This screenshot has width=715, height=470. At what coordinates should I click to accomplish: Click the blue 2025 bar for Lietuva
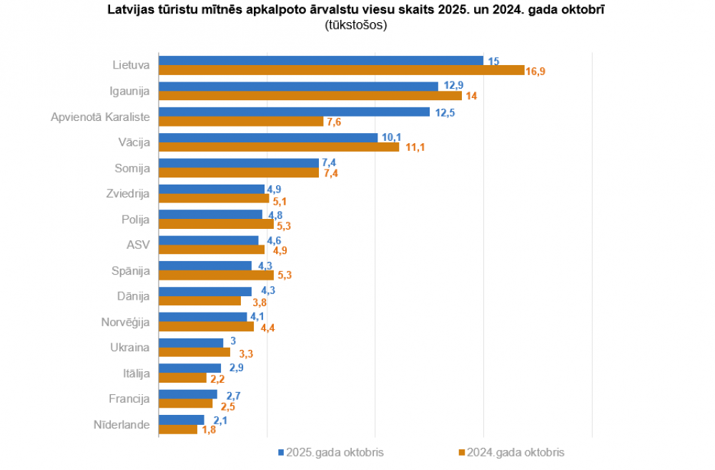(320, 61)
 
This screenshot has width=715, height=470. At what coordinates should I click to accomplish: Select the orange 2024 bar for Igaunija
(310, 96)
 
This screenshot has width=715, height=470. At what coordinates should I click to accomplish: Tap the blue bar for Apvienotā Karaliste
(294, 112)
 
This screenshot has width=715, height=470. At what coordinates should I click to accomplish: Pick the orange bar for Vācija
(278, 147)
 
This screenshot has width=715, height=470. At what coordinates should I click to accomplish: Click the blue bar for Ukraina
(191, 342)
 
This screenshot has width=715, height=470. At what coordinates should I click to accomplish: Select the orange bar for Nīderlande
(177, 429)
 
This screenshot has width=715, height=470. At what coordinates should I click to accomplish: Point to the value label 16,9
(536, 71)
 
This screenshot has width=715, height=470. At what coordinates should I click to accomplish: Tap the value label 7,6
(334, 122)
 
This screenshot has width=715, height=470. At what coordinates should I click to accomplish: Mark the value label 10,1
(392, 137)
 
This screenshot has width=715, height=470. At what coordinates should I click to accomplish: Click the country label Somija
(132, 168)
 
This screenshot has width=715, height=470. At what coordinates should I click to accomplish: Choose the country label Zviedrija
(127, 194)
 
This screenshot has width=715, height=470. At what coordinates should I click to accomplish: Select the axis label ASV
(138, 245)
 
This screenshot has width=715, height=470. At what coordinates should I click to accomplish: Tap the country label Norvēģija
(125, 322)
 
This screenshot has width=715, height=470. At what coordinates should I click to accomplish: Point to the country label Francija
(129, 398)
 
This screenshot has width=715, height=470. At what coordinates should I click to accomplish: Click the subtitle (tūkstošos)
(357, 25)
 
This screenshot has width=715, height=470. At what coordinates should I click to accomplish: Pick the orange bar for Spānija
(216, 275)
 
